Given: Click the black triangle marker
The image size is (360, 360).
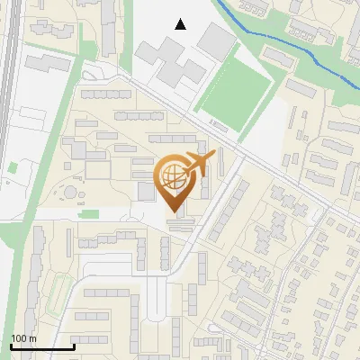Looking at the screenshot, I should pyautogui.click(x=181, y=24).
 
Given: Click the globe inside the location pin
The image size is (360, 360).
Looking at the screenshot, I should pyautogui.click(x=172, y=176).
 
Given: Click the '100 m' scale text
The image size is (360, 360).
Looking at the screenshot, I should pyautogui.click(x=23, y=338).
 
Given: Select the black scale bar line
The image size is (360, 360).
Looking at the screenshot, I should pyautogui.click(x=42, y=346).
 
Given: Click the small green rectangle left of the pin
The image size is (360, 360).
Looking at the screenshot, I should pyautogui.click(x=89, y=214).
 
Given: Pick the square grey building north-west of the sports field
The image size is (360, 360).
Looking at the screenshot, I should pyautogui.click(x=216, y=40).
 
